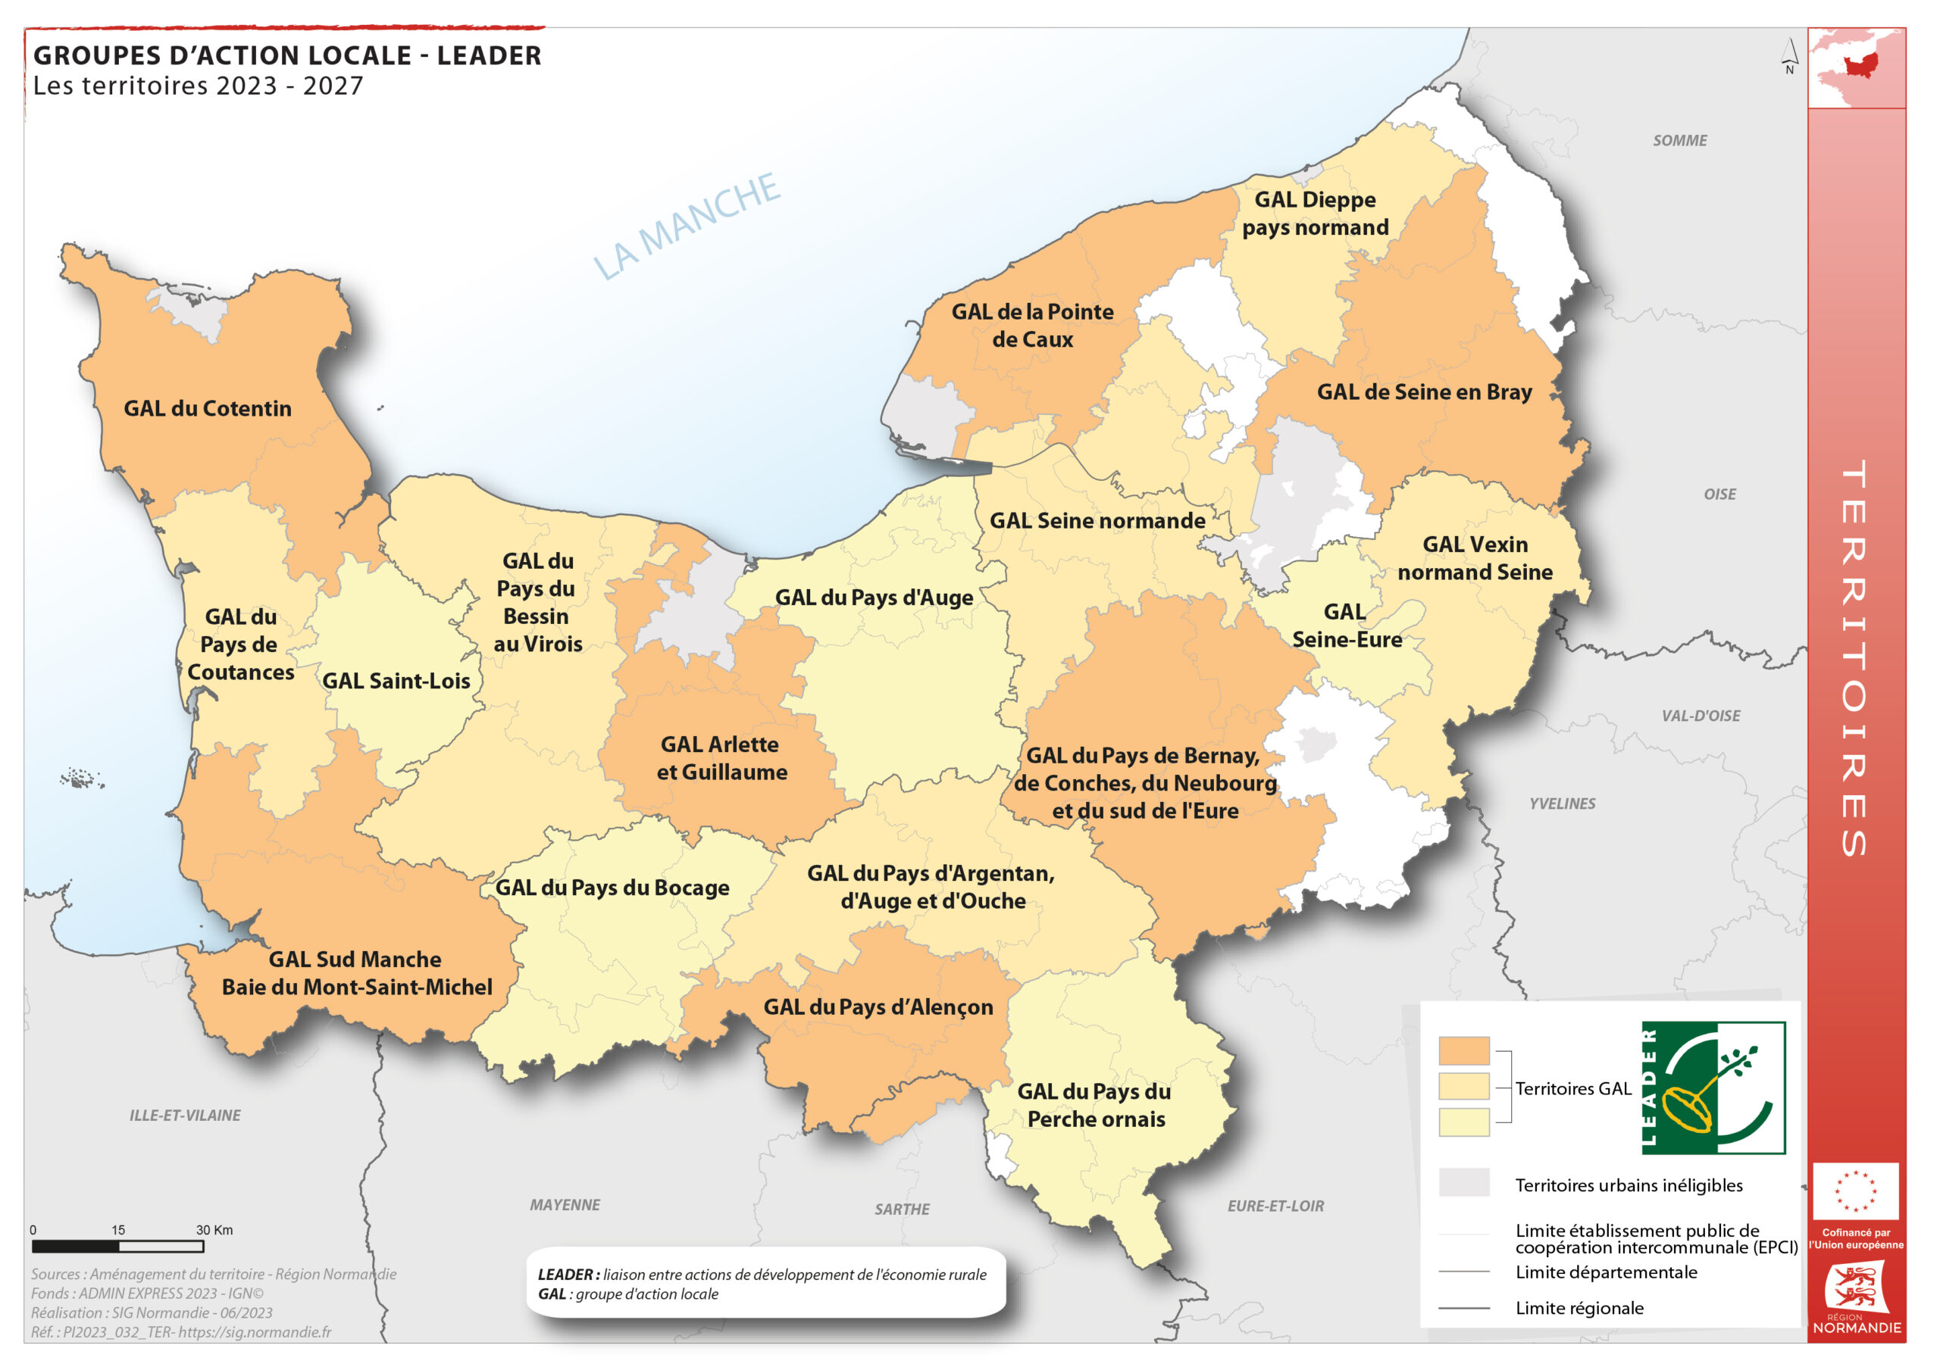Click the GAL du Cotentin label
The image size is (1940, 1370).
(208, 409)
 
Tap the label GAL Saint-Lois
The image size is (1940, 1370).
(396, 682)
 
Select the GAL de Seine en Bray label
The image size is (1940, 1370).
(1425, 392)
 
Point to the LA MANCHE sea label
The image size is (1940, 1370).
(686, 226)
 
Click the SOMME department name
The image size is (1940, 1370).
(1680, 141)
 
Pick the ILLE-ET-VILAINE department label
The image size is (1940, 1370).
(185, 1116)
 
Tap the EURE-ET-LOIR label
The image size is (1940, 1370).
(1276, 1207)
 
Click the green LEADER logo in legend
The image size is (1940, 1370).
(1713, 1088)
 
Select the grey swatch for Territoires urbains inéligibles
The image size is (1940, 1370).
(1463, 1182)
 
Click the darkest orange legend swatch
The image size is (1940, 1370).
(1463, 1050)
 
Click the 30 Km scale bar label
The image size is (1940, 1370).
(214, 1231)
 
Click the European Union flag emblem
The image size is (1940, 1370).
(1856, 1192)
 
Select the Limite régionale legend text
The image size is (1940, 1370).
(1579, 1309)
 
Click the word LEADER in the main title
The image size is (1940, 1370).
(490, 56)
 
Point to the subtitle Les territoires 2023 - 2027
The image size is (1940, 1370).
(199, 86)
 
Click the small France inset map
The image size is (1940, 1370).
(1857, 67)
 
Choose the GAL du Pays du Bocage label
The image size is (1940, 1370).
(612, 888)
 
